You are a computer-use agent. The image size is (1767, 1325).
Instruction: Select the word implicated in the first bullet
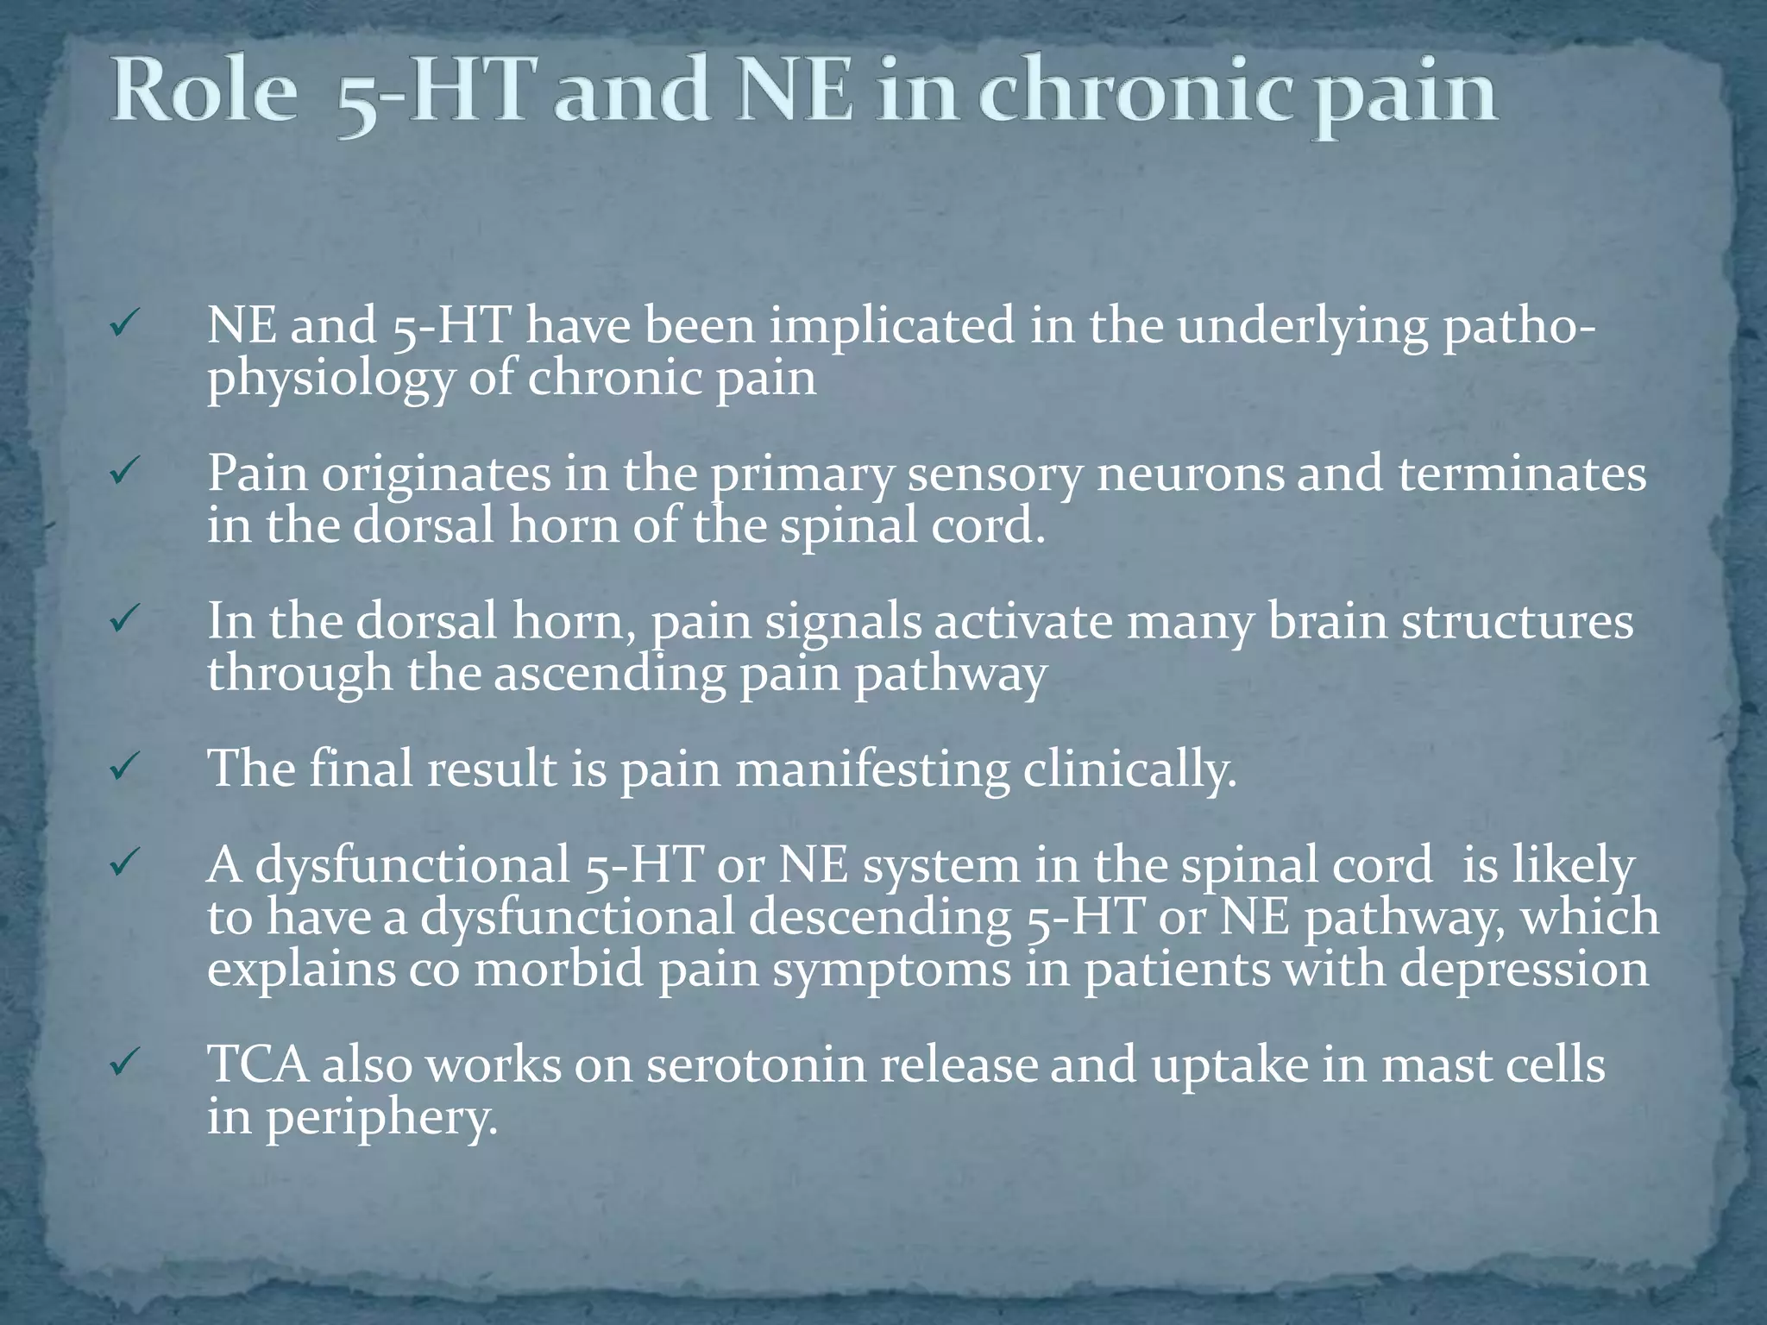tap(891, 326)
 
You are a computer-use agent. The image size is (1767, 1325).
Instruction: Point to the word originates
tap(436, 474)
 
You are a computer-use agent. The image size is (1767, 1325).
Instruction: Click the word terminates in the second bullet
tap(1521, 474)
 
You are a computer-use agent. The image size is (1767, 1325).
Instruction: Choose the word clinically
tap(1129, 769)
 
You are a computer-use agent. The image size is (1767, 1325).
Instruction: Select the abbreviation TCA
tap(258, 1064)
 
